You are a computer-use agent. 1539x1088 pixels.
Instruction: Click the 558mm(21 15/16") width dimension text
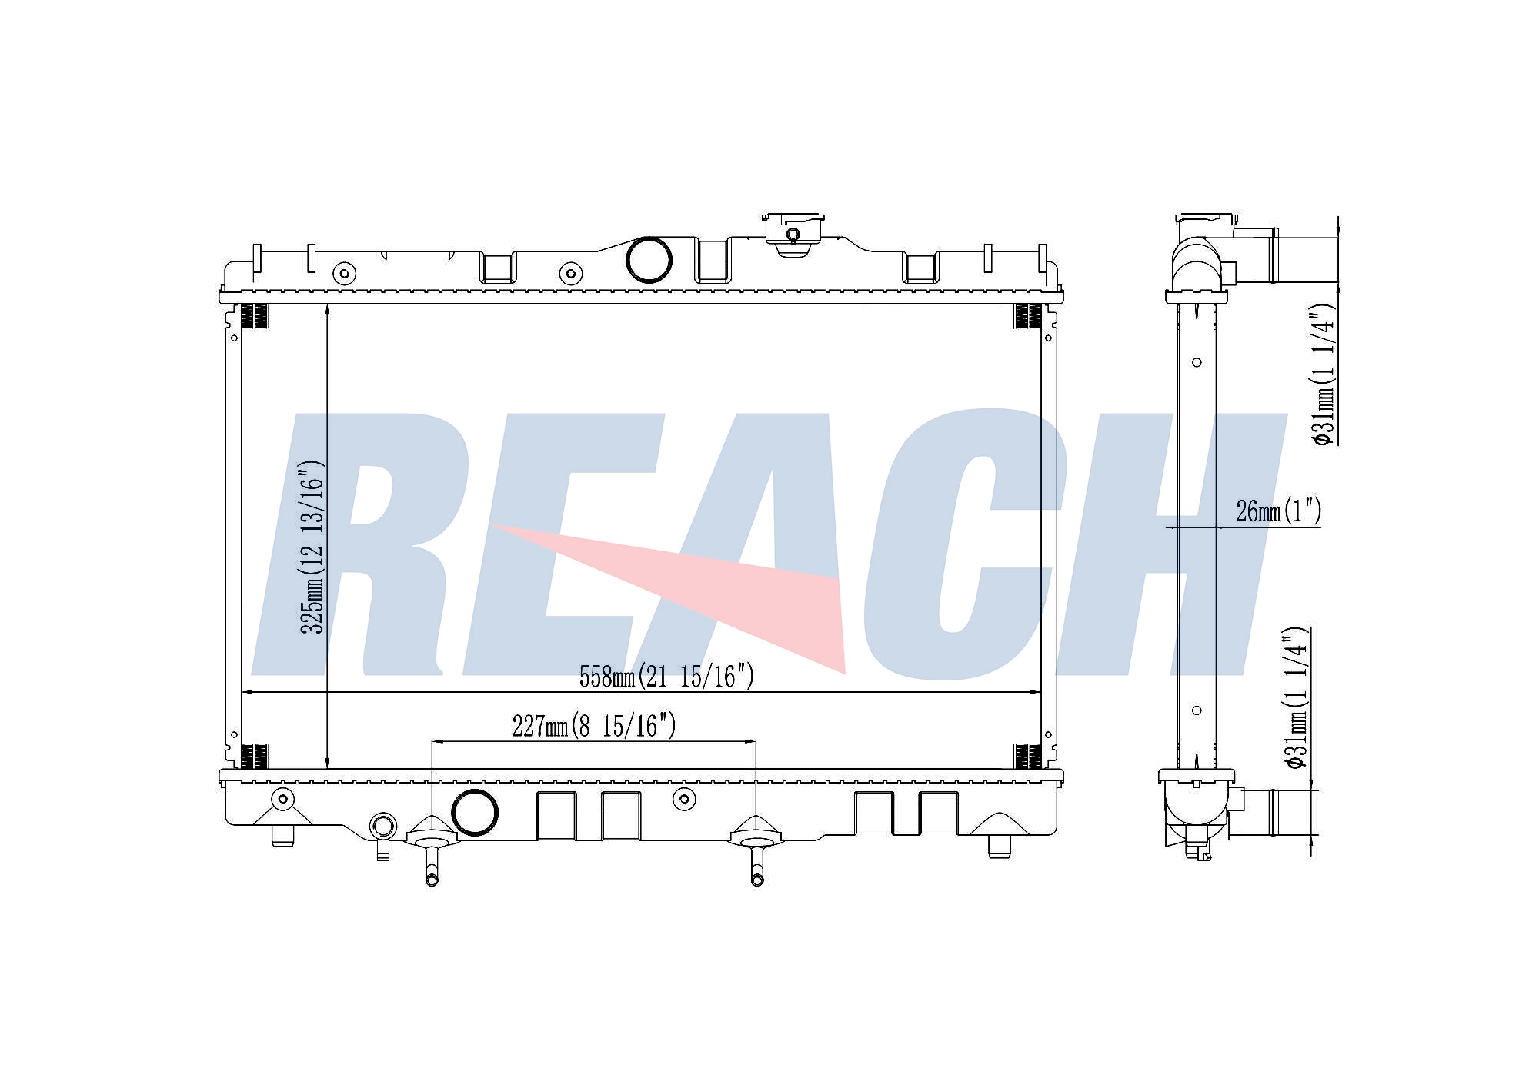click(x=666, y=677)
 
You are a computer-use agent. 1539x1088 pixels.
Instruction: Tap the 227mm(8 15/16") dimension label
click(x=594, y=725)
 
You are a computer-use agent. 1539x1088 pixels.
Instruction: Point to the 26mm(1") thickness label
click(x=1278, y=511)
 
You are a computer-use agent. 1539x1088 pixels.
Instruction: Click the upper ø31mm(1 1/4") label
click(x=1324, y=374)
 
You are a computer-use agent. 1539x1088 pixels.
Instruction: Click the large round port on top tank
click(x=649, y=260)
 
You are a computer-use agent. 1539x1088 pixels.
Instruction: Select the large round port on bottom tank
click(x=474, y=812)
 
